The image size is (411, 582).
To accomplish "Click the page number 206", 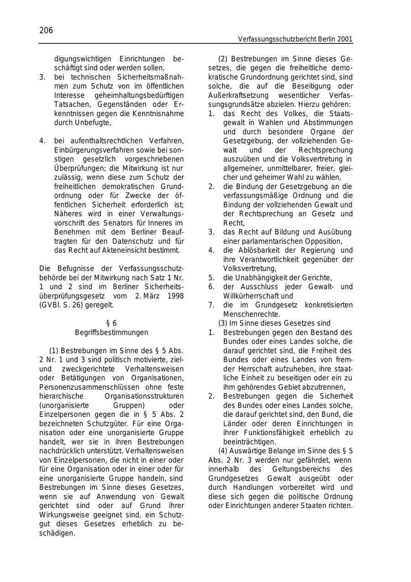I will (46, 31).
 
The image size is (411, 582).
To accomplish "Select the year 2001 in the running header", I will (345, 39).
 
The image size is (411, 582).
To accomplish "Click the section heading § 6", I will (111, 323).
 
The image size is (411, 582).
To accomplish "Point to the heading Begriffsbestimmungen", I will (111, 332).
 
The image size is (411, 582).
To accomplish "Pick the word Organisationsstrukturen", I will (144, 396).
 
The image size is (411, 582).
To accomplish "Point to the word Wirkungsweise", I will (63, 515).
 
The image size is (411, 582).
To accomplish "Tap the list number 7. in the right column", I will (211, 305).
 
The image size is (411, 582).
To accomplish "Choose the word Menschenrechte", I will (252, 314).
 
